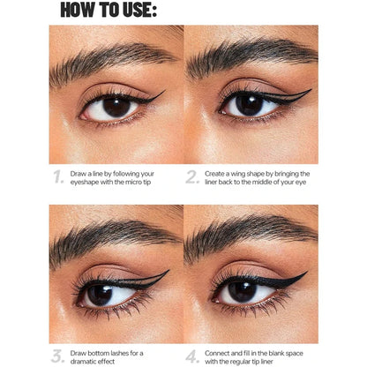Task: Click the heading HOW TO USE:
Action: point(109,11)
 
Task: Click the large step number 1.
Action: point(57,176)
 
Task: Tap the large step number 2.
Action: point(192,176)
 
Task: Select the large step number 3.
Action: point(57,357)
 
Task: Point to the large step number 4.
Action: point(192,357)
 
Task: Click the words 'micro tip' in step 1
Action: point(141,182)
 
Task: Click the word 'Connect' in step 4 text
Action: point(221,352)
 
